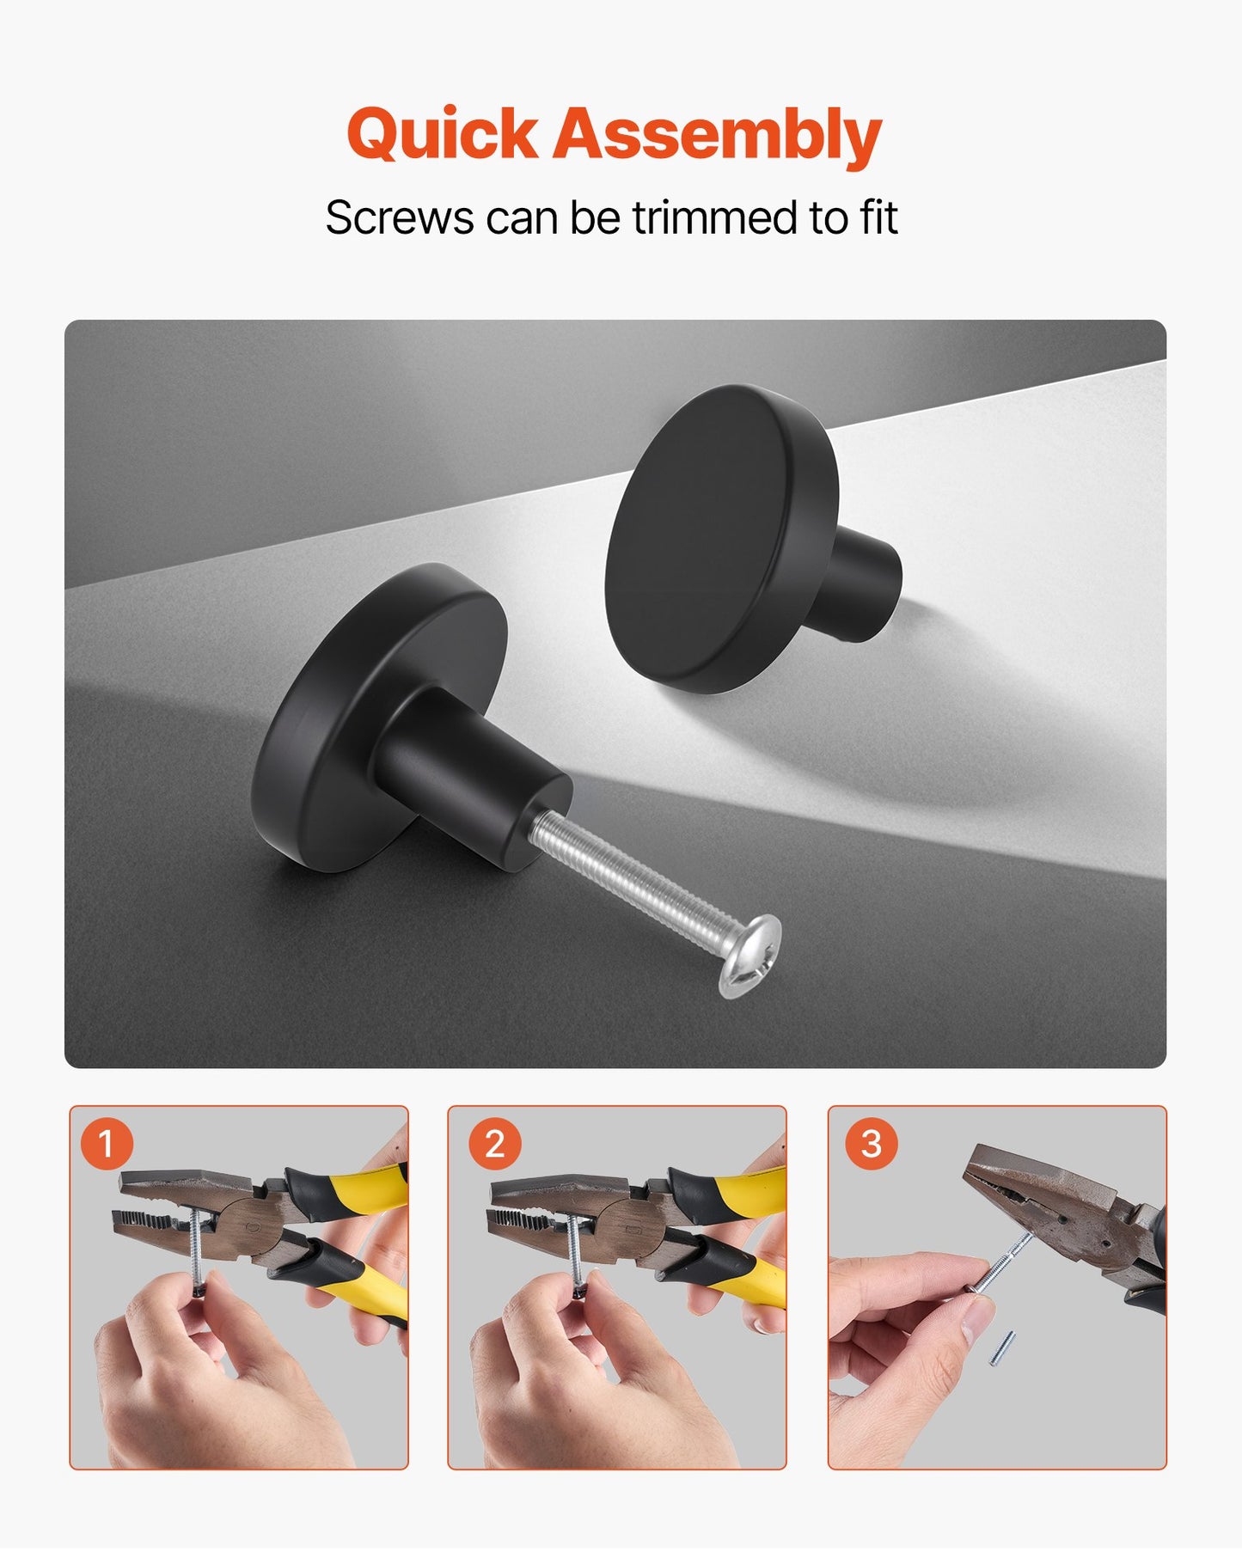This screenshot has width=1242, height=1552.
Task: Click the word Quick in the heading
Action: point(442,134)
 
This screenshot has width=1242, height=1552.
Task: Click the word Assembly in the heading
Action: point(717,134)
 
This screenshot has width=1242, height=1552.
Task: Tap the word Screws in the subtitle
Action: point(399,217)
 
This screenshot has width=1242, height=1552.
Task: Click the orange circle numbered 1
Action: point(107,1144)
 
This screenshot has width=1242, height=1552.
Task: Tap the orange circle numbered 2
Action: point(494,1144)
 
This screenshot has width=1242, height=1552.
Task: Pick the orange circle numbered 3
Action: point(871,1143)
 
